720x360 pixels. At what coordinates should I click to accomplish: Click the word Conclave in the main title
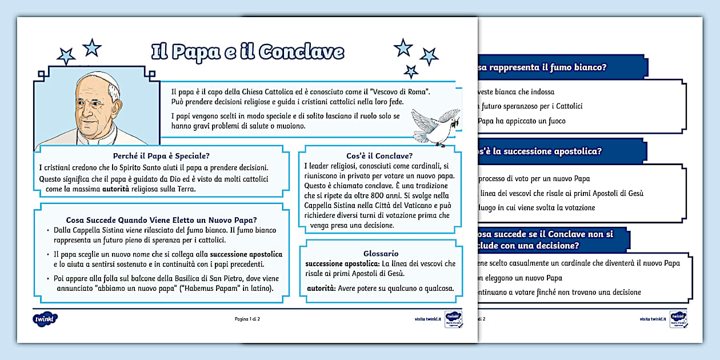301,51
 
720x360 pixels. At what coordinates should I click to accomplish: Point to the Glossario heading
381,253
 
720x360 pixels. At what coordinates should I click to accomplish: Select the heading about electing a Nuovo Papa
161,219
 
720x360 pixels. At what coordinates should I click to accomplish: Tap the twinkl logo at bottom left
46,318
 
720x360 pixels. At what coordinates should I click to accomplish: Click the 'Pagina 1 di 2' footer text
247,318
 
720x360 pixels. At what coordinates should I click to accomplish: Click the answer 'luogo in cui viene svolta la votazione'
537,207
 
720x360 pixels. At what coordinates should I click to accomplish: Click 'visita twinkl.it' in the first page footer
428,319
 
